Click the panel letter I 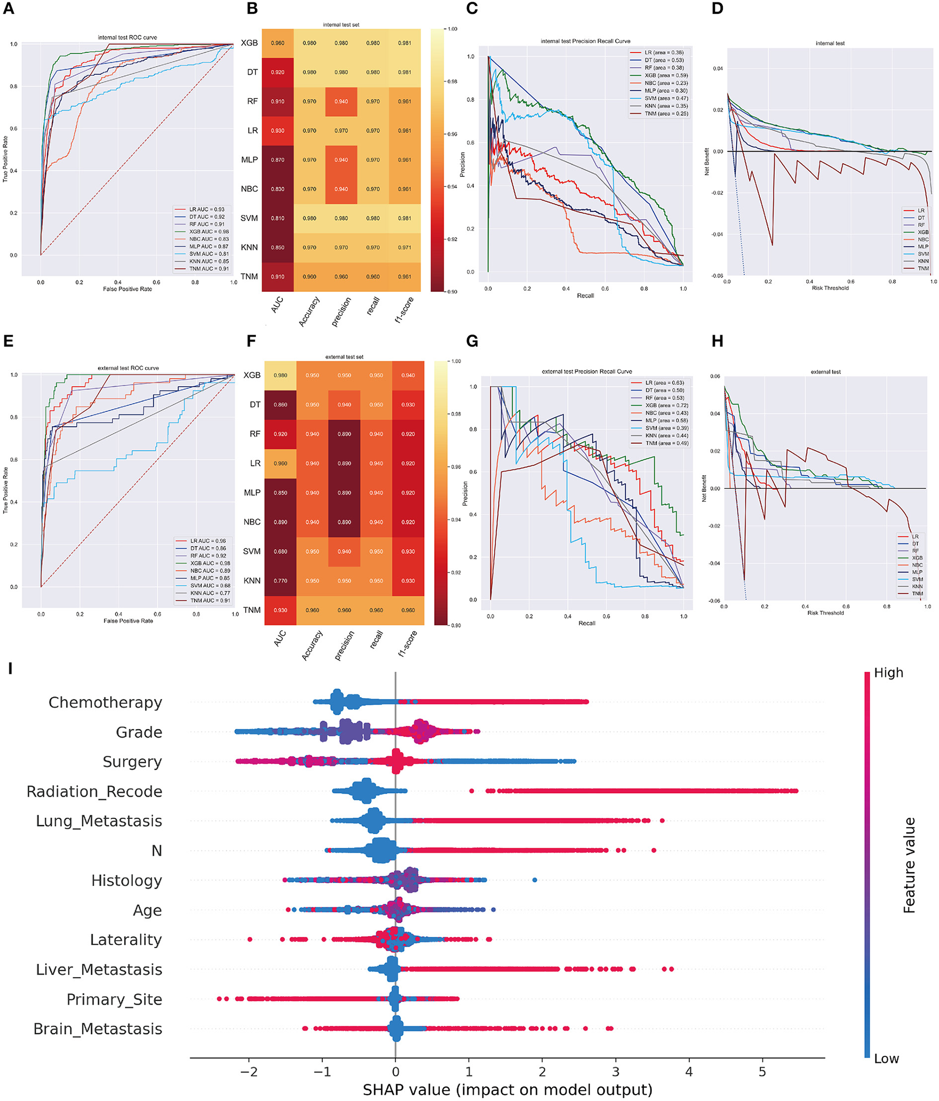pos(10,668)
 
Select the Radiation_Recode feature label pos(94,791)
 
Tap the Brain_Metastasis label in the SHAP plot pos(98,1029)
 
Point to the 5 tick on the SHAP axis pos(762,1071)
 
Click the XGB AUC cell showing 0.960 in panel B pos(278,43)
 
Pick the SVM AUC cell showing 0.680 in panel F pos(280,552)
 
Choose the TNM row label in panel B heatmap pos(249,276)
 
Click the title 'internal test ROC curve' pos(127,38)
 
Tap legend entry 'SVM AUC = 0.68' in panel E pos(210,586)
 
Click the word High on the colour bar pos(889,673)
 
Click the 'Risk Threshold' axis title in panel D pos(830,288)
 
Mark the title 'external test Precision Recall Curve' pos(587,371)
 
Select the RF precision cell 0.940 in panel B pos(341,102)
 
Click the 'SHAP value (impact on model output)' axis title pos(507,1090)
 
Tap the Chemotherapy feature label pos(105,702)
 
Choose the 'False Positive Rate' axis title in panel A pos(127,289)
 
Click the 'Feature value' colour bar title pos(909,865)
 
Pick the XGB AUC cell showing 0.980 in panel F pos(280,375)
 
